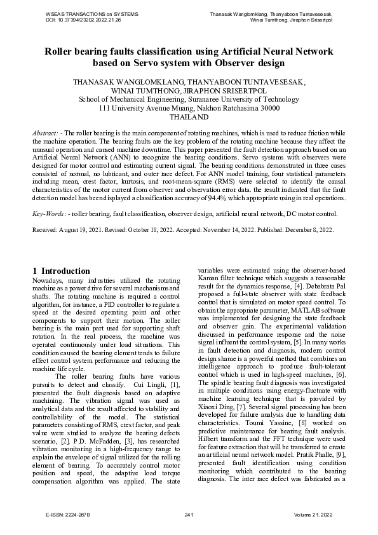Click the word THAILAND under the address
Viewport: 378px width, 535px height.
189,118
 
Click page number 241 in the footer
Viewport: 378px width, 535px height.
189,514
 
